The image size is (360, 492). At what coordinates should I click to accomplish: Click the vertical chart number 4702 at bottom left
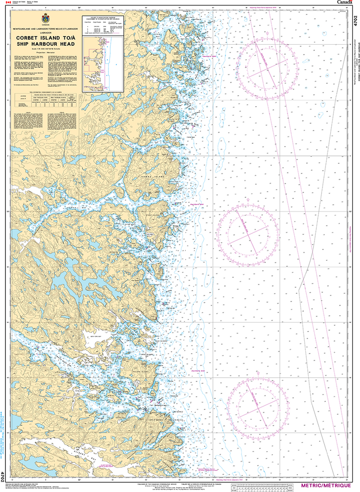click(x=4, y=476)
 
